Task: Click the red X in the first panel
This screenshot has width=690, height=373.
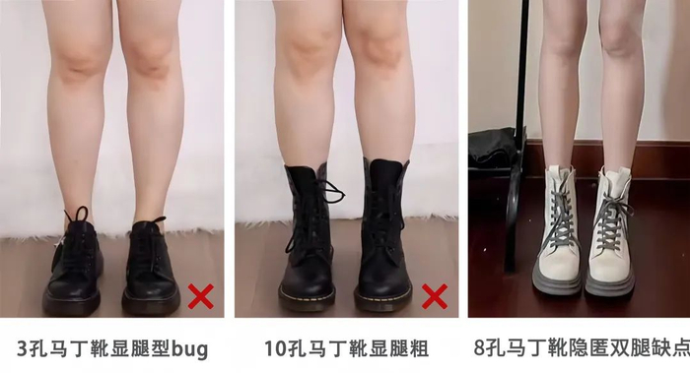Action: (x=201, y=296)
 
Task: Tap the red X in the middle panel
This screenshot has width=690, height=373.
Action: (x=435, y=296)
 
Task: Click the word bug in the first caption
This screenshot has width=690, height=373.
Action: (x=189, y=349)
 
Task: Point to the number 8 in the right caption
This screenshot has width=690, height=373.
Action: (x=479, y=348)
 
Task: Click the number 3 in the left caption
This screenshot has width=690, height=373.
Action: (x=22, y=348)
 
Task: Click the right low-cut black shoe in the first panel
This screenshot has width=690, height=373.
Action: (x=151, y=267)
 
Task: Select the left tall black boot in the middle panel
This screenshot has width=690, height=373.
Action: (x=308, y=237)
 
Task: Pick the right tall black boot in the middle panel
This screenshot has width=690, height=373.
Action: (x=383, y=235)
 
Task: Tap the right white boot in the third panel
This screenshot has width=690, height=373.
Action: (x=611, y=233)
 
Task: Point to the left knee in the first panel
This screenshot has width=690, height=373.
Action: (x=79, y=61)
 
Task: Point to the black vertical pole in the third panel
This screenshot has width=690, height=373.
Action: (x=521, y=132)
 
